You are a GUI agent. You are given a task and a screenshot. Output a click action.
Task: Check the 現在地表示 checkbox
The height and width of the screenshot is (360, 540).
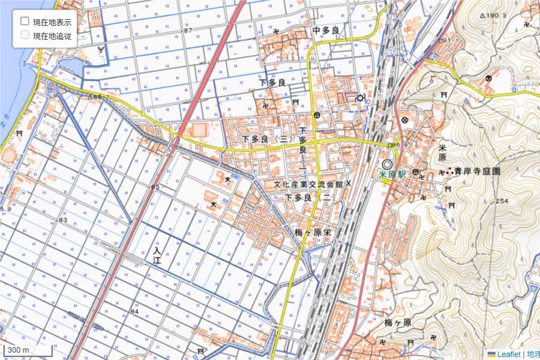tap(25, 21)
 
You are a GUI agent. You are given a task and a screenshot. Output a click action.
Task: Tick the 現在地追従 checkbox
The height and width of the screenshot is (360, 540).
tap(25, 35)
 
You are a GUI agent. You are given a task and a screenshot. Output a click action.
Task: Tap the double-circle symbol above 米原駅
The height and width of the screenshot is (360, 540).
tap(388, 163)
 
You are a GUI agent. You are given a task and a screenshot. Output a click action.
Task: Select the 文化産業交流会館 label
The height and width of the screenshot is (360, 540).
tap(307, 185)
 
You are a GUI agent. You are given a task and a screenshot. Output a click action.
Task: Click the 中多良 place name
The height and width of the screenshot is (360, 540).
tap(326, 29)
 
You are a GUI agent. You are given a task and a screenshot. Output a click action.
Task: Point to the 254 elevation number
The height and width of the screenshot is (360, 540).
tap(503, 201)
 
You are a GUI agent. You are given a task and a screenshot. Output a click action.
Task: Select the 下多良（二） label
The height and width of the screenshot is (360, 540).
tap(308, 197)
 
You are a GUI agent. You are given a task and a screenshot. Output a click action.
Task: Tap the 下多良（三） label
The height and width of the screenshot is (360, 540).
tap(267, 139)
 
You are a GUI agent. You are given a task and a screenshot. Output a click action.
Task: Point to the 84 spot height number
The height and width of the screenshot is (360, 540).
tap(134, 311)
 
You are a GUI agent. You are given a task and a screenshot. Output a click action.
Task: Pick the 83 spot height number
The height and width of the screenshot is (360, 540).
tap(63, 220)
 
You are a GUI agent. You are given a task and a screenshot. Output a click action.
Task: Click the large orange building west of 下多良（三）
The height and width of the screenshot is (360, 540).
tap(197, 130)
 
